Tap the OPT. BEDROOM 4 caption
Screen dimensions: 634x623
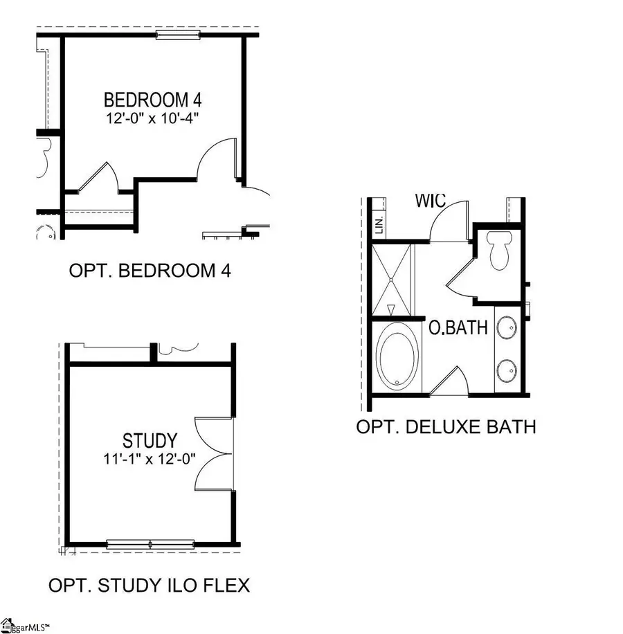(150, 270)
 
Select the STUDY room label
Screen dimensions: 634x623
(150, 440)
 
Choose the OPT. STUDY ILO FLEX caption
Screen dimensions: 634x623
(149, 586)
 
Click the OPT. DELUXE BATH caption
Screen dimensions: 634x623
(446, 426)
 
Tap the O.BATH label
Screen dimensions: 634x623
(458, 327)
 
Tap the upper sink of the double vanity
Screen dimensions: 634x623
(507, 326)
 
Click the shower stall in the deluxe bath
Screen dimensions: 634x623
(392, 279)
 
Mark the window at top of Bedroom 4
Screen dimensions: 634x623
(178, 35)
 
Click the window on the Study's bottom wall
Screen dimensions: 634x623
(150, 544)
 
